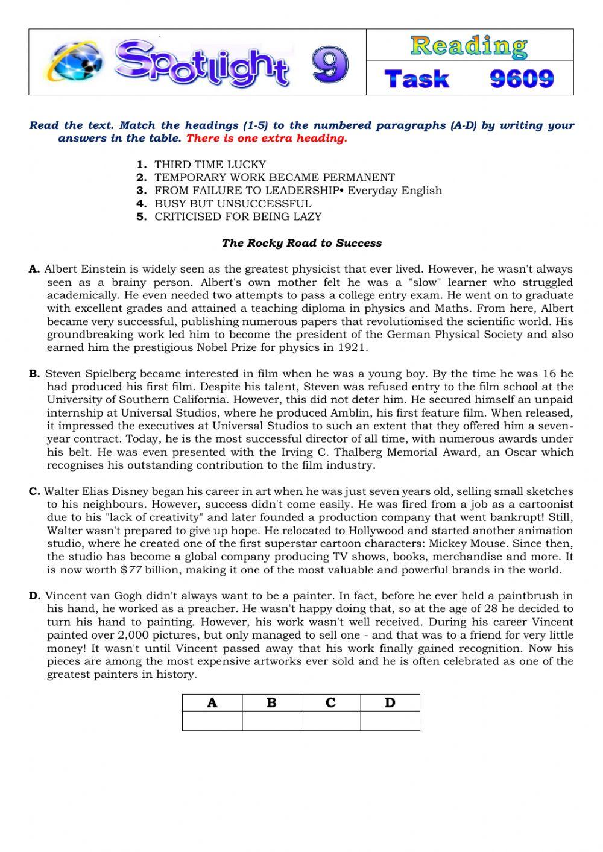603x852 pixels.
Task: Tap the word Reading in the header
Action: tap(469, 46)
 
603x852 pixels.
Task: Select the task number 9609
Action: tap(521, 78)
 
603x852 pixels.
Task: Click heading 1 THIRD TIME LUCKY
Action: tap(209, 164)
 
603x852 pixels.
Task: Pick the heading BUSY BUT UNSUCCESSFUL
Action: tap(232, 203)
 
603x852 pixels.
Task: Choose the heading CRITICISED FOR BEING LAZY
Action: tap(238, 216)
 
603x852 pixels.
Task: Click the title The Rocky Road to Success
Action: tap(301, 243)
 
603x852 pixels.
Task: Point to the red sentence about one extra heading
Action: tap(267, 139)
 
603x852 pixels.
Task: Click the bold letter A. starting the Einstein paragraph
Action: tap(34, 269)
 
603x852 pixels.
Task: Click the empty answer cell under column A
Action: tap(212, 721)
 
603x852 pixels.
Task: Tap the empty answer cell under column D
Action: tap(390, 721)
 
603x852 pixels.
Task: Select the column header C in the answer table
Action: tap(330, 702)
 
